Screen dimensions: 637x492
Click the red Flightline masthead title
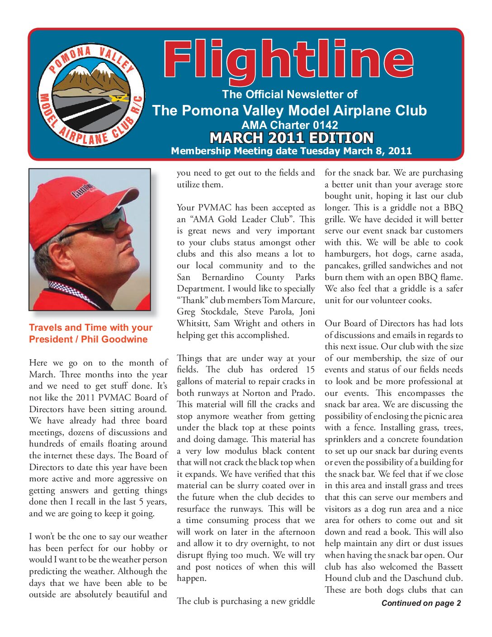point(288,61)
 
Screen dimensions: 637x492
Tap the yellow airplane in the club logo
point(120,98)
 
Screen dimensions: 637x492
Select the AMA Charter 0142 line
point(289,125)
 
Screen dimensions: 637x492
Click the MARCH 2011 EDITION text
point(292,138)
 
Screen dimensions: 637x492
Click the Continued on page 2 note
point(421,603)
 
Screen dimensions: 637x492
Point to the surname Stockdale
point(220,312)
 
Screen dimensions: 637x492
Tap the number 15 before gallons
point(310,370)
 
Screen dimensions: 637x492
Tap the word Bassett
point(448,567)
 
